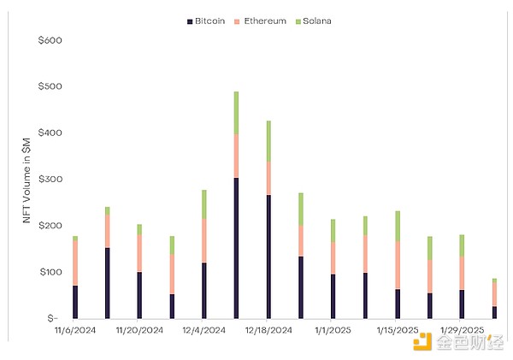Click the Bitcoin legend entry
(x=209, y=21)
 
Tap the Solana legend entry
(x=313, y=21)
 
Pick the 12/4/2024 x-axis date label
(x=205, y=330)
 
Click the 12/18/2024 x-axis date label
(x=268, y=330)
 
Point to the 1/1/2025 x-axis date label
(x=333, y=330)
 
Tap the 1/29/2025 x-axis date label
(x=461, y=330)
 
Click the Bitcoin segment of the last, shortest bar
(x=494, y=312)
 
